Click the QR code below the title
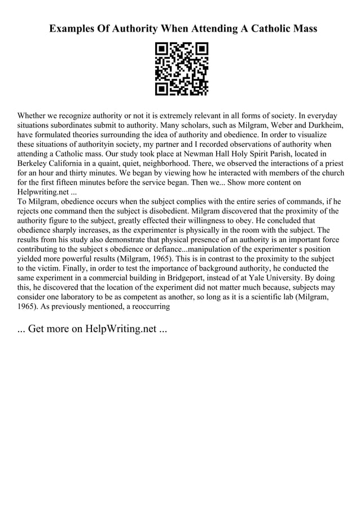tap(181, 68)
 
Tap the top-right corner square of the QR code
tap(201, 49)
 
